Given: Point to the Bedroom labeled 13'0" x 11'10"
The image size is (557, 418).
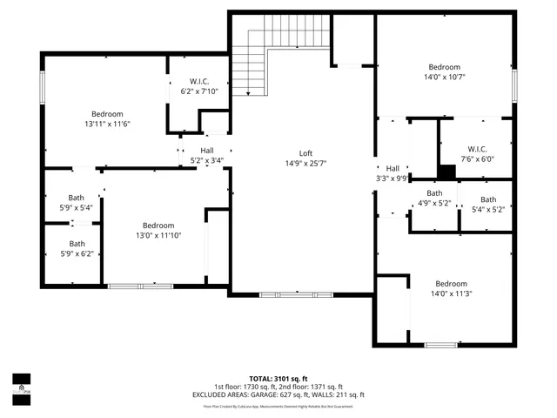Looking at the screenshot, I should pos(158,230).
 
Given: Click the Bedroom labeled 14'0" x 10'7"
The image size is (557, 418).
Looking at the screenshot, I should pos(444,71).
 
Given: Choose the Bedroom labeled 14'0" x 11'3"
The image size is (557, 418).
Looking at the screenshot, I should pos(451,289).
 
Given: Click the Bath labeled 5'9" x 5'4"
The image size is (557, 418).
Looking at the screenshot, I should pos(77,202).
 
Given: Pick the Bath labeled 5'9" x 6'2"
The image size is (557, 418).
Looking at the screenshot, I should pos(77,248).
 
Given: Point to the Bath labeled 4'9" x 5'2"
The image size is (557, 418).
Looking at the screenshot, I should pos(433,198).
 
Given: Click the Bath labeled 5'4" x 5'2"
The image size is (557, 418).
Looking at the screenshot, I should pos(487,204).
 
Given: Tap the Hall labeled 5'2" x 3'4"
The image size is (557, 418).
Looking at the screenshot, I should pos(206,155).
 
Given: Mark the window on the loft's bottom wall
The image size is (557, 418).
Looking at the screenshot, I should pos(296,295).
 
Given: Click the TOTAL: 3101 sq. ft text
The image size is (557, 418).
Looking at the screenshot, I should pos(278,379).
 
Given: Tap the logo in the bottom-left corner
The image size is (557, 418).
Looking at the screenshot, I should pos(21,384).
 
